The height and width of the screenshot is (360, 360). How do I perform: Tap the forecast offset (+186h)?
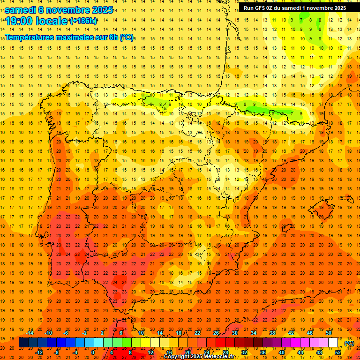pos(83,21)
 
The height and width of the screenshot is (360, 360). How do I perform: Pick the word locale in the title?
pos(53,21)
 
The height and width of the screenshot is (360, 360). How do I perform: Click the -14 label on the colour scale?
pos(30,333)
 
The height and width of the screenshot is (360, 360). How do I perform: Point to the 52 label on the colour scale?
pos(338,352)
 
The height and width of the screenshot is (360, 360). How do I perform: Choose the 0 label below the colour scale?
pos(93,352)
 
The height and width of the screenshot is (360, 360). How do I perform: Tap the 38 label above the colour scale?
pos(272,333)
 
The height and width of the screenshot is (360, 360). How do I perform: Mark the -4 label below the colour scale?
pos(75,352)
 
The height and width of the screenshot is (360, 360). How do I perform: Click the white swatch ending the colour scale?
pos(333,343)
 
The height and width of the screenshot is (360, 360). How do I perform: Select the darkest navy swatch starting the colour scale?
pos(23,343)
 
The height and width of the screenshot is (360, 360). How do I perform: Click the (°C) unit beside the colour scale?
pos(349,343)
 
